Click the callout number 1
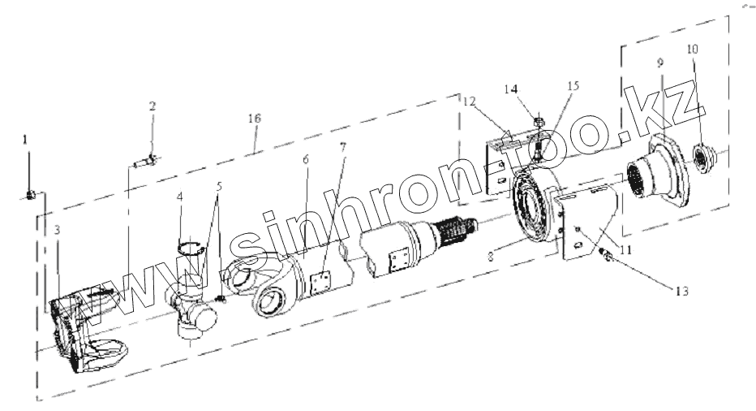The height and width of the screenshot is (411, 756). click(x=25, y=140)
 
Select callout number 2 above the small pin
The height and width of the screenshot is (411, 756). click(x=152, y=106)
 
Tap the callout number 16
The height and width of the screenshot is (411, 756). click(x=255, y=119)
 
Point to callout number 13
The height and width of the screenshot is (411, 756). click(x=681, y=292)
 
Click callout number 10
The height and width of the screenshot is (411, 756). click(x=693, y=49)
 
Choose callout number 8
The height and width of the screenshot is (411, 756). click(x=490, y=257)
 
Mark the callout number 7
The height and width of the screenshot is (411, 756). click(x=343, y=146)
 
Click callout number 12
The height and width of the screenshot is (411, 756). click(x=469, y=102)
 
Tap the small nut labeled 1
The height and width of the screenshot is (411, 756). click(x=30, y=195)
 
